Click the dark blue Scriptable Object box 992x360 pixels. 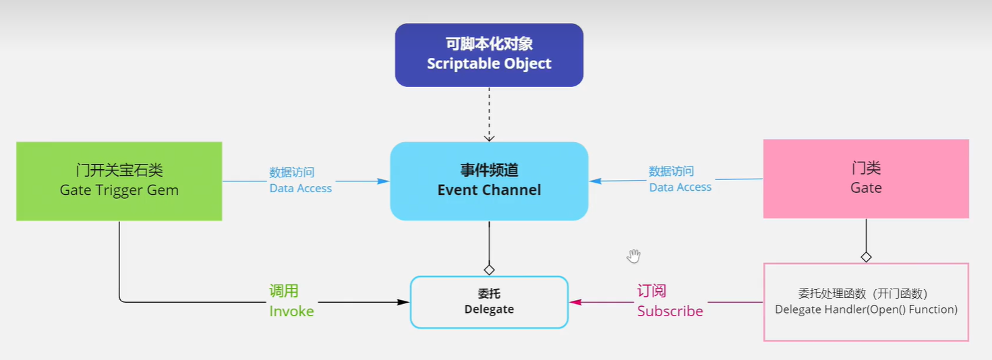coord(489,55)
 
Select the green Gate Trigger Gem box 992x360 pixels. coord(119,181)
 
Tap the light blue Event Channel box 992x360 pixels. coord(489,181)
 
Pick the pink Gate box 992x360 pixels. coord(866,179)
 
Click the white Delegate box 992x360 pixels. coord(489,302)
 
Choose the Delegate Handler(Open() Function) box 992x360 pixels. coord(866,302)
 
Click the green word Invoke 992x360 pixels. coord(291,311)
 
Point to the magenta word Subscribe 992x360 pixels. coord(670,311)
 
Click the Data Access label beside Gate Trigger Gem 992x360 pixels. coord(300,189)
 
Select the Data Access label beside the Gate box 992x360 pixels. coord(680,187)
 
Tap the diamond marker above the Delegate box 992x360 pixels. coord(490,270)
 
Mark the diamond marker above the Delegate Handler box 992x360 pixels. coord(866,257)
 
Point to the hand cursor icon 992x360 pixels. coord(633,256)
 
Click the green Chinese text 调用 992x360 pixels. coord(284,291)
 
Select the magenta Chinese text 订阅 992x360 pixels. coord(651,291)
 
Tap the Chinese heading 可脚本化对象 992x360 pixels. coord(489,44)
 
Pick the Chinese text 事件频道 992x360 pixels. coord(489,171)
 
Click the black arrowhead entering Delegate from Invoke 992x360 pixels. coord(405,302)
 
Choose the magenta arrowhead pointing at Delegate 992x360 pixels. coord(575,302)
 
